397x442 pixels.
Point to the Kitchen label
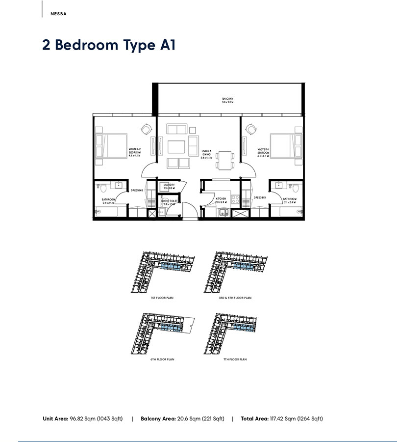tap(220, 200)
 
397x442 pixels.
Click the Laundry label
tap(169, 186)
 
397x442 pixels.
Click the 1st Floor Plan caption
tap(163, 298)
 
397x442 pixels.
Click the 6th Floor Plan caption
tap(163, 359)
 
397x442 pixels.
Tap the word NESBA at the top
tap(58, 14)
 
